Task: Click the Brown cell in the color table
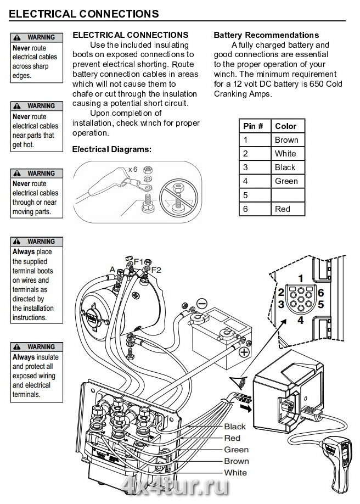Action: [286, 140]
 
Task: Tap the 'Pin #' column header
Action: [253, 126]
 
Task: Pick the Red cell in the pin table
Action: [283, 209]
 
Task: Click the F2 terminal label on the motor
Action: [156, 270]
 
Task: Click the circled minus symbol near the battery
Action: [202, 303]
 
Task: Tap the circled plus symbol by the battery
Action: [244, 352]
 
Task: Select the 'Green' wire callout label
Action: [236, 450]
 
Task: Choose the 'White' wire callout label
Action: [235, 473]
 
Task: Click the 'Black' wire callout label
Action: [235, 427]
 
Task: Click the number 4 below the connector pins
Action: [300, 320]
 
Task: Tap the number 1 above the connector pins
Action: [300, 278]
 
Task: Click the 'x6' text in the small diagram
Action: [132, 170]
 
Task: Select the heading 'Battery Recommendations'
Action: [266, 35]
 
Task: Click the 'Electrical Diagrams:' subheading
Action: [111, 149]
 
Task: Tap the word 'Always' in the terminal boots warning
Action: [23, 252]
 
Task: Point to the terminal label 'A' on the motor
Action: [112, 270]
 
